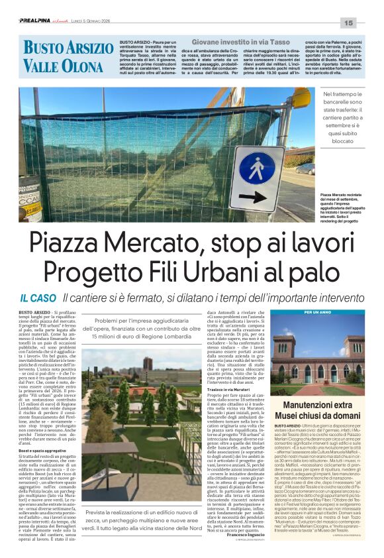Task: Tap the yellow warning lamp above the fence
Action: tap(301, 97)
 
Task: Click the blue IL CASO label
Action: tap(38, 298)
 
